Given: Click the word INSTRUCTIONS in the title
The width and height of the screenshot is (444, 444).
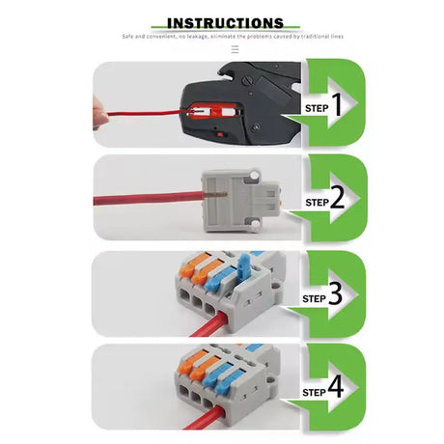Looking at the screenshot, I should click(x=226, y=23).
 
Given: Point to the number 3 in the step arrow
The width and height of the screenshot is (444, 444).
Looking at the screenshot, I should click(x=335, y=295).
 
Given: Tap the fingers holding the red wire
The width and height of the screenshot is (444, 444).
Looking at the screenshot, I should click(x=100, y=115).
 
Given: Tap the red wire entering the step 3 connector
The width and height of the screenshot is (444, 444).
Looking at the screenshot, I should click(x=206, y=325).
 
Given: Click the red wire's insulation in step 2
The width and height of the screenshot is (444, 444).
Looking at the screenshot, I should click(x=145, y=204).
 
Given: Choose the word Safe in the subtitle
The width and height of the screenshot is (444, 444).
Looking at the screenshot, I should click(x=129, y=37).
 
